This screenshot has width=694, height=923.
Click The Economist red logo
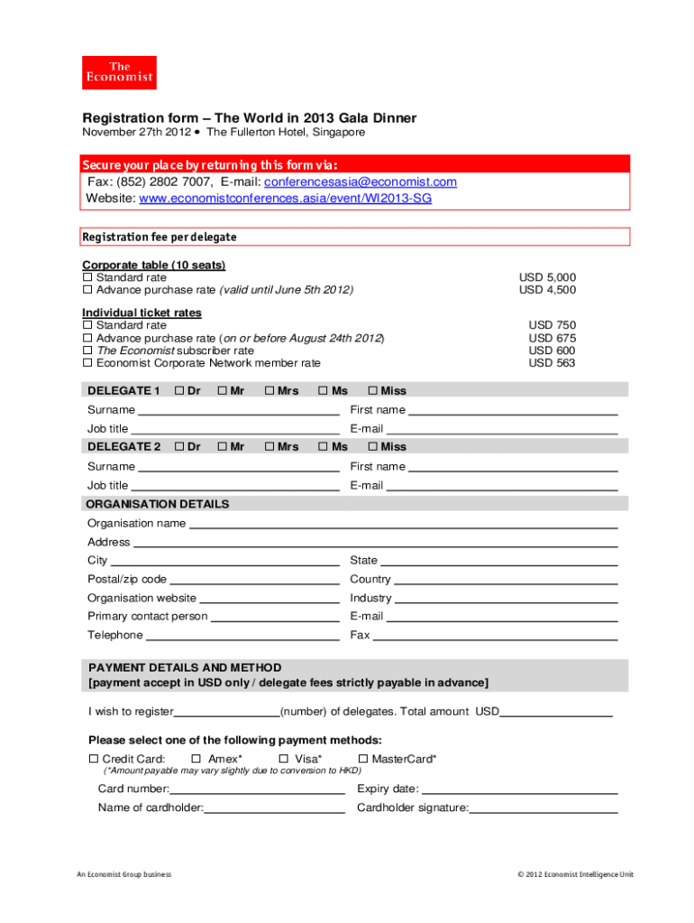coord(119,73)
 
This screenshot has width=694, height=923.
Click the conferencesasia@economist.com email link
coord(360,182)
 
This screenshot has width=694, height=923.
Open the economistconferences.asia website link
coord(286,198)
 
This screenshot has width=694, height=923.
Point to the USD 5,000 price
coord(547,278)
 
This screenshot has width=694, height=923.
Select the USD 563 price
coord(552,363)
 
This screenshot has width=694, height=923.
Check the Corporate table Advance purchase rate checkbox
coord(87,290)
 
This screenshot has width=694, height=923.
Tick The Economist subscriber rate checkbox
coord(87,351)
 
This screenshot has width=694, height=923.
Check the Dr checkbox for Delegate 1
coord(179,390)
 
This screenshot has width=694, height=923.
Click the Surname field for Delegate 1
coord(238,410)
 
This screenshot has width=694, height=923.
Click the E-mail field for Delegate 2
coord(501,486)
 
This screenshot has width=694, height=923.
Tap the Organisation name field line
coord(403,524)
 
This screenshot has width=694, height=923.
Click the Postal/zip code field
coord(254,580)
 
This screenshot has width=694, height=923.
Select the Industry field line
coord(506,599)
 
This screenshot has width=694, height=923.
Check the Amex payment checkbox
coord(195,759)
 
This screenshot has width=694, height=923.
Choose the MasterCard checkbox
coord(363,759)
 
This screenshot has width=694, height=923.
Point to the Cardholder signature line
coord(543,809)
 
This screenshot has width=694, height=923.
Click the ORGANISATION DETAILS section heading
coord(159,505)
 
